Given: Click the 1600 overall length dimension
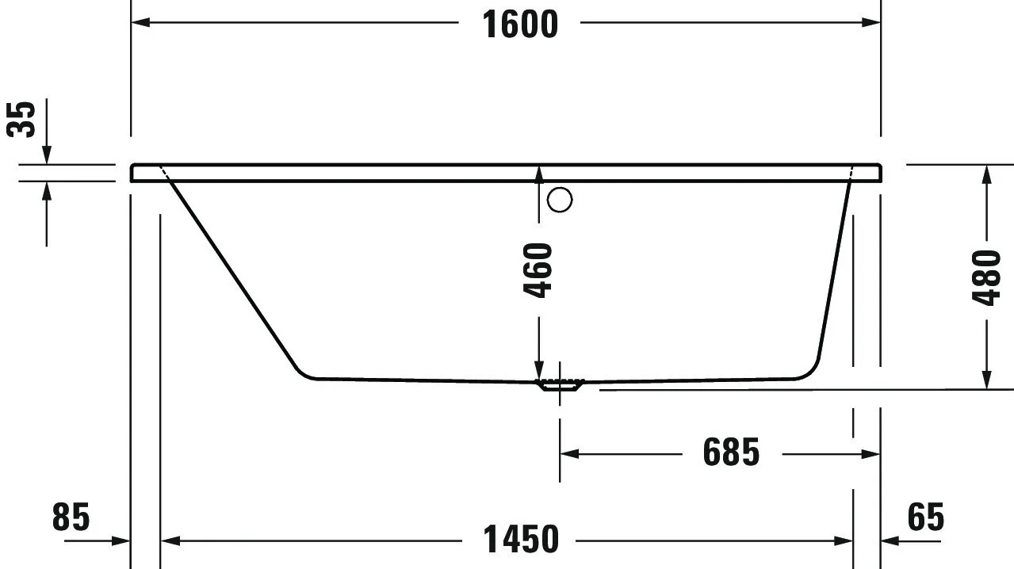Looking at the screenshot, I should tap(520, 24).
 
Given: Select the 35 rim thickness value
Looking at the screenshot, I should tap(23, 119).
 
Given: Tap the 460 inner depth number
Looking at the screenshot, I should tap(538, 270).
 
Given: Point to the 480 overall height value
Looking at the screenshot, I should tap(987, 277).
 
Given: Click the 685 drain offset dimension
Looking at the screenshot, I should tap(731, 453).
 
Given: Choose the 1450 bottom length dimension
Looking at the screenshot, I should tap(521, 540).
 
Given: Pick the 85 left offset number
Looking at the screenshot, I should tap(71, 517).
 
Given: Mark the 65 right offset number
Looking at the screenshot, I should tap(925, 517).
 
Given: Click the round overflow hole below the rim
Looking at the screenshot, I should tap(560, 200).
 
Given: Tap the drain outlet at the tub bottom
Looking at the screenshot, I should tap(560, 385).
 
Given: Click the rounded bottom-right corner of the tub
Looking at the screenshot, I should tap(810, 371).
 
